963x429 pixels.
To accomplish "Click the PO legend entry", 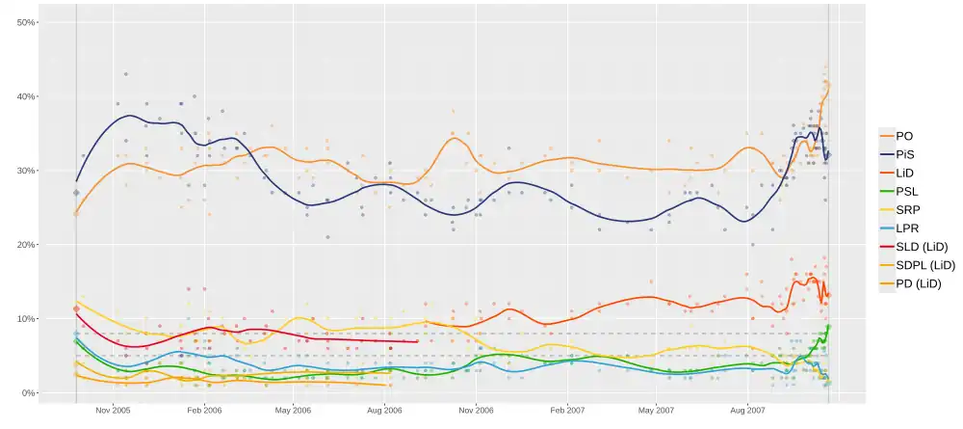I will (x=904, y=136).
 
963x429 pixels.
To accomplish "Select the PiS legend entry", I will (x=905, y=154).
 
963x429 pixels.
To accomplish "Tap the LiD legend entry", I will (x=905, y=173).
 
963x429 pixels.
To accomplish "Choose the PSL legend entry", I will (x=907, y=191).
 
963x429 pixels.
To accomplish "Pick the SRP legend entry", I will (x=907, y=209).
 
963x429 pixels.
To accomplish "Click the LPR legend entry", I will (x=907, y=228).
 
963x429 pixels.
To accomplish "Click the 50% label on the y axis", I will (x=26, y=22).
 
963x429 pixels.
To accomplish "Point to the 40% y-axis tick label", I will (x=26, y=96).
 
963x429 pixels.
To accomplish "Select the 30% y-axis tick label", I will (x=26, y=171).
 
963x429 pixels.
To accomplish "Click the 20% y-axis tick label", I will (x=26, y=245).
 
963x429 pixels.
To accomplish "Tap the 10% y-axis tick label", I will (x=26, y=319).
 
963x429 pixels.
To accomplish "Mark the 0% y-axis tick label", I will (x=29, y=393).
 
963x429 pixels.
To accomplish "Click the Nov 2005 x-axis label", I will (x=113, y=410).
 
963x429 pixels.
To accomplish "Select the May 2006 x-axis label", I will (x=294, y=410).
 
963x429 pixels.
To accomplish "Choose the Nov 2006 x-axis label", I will (x=476, y=410).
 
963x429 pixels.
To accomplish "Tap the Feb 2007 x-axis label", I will (x=566, y=410).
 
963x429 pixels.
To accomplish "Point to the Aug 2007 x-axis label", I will (x=747, y=410).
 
